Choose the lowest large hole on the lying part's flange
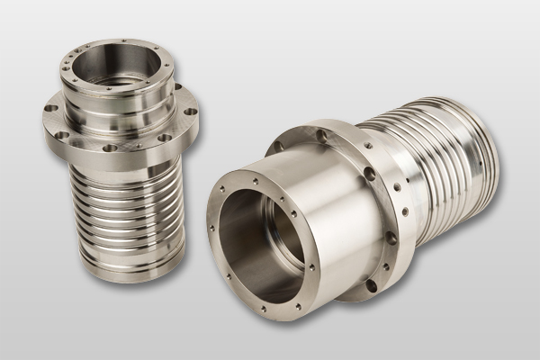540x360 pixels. pos(370,285)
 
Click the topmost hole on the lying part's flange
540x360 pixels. pos(321,135)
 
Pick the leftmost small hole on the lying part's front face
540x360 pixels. pos(212,228)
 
